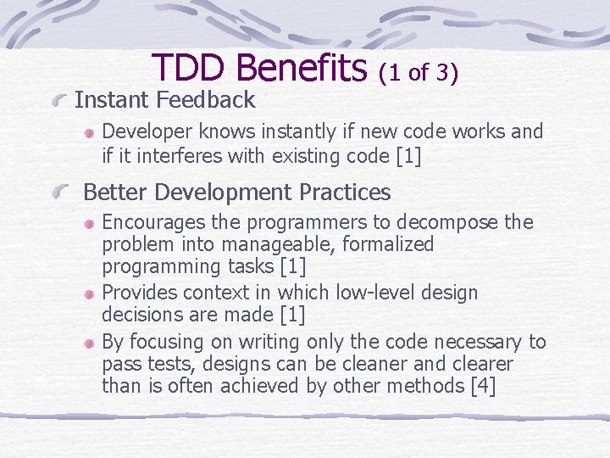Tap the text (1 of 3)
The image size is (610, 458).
[419, 73]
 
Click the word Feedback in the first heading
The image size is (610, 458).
[206, 100]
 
